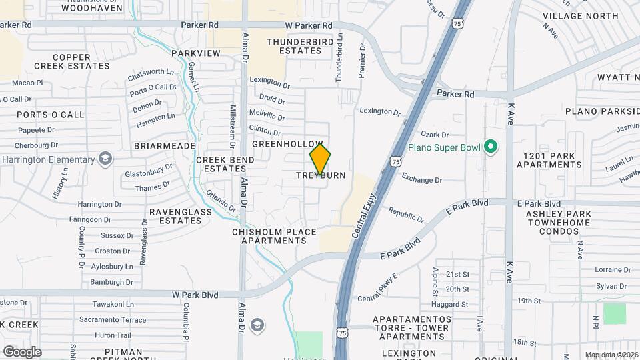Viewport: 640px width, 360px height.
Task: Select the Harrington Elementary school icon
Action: (105, 159)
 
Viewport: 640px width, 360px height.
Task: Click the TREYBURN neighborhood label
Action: (321, 175)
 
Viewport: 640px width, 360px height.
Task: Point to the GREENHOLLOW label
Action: (287, 144)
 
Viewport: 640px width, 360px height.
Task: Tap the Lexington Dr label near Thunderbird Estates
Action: (270, 85)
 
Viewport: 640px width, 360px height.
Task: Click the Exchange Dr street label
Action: (422, 179)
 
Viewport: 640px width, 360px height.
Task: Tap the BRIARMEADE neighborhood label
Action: (164, 146)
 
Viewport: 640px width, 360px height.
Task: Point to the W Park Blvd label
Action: (195, 294)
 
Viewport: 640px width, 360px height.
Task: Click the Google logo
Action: (22, 351)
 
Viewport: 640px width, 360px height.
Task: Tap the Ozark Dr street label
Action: (434, 135)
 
